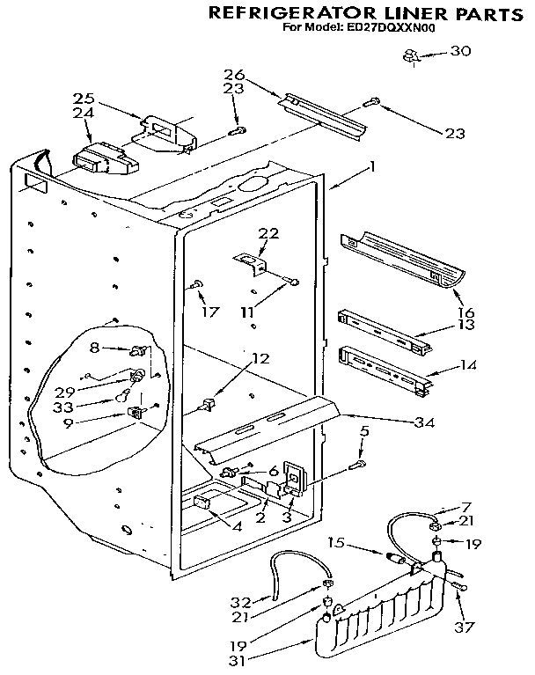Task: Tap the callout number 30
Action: point(460,51)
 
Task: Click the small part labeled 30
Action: point(409,57)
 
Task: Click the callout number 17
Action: point(209,311)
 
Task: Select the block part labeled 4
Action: point(202,503)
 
